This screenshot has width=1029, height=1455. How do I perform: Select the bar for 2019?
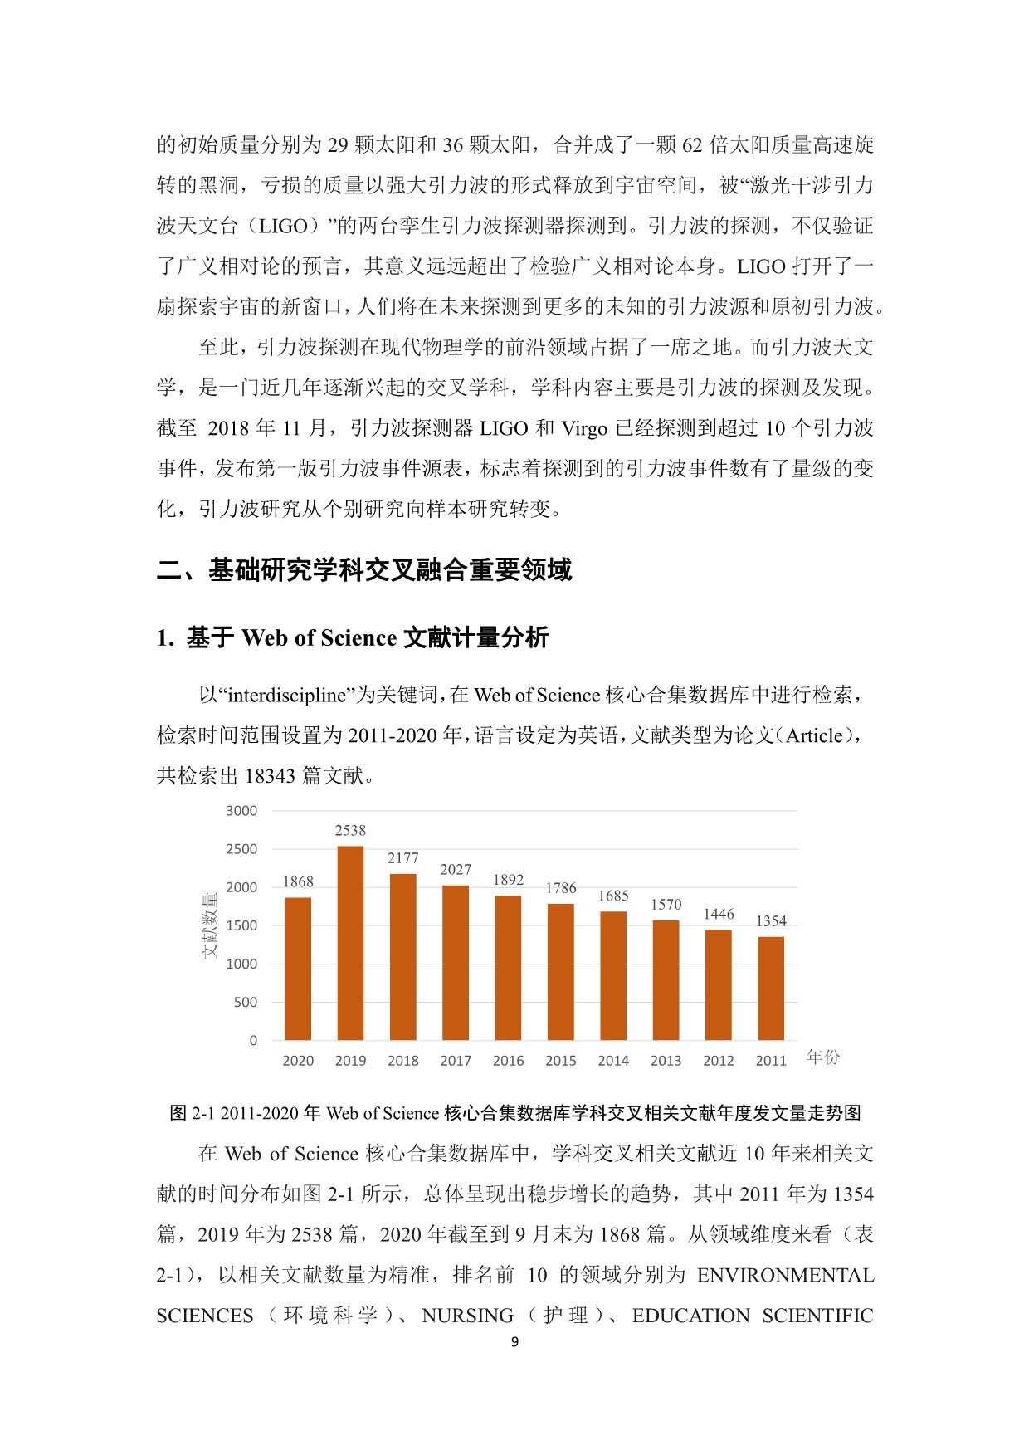350,943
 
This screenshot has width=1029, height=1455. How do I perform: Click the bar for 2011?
771,989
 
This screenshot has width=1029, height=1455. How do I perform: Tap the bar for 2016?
508,968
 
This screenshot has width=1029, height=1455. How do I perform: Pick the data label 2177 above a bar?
403,858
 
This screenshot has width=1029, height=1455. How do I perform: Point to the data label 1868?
298,881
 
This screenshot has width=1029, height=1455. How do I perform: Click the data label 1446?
719,914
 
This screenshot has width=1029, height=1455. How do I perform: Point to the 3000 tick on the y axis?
241,811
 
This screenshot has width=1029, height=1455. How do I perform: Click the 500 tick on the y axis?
246,1002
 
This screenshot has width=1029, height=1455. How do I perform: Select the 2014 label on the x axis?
613,1061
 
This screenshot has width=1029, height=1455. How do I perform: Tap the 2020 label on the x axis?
298,1061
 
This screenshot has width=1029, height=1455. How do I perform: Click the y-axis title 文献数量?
209,925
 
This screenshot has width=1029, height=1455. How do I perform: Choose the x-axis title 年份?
823,1057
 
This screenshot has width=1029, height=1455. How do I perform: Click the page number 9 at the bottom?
514,1342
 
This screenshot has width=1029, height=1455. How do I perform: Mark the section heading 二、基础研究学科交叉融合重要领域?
364,570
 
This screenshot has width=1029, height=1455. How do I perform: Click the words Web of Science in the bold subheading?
319,637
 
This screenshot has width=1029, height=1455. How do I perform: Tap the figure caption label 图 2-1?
193,1113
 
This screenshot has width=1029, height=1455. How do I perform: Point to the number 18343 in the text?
270,775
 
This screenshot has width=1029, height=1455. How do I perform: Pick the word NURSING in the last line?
468,1316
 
